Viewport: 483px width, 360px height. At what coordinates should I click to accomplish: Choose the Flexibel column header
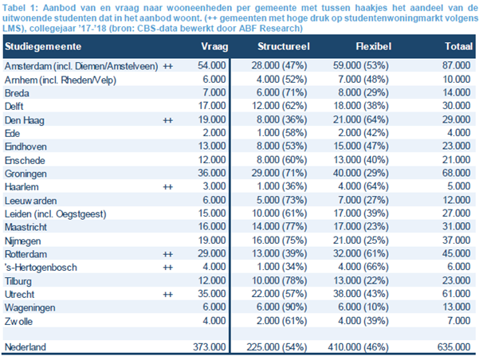(374, 48)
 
